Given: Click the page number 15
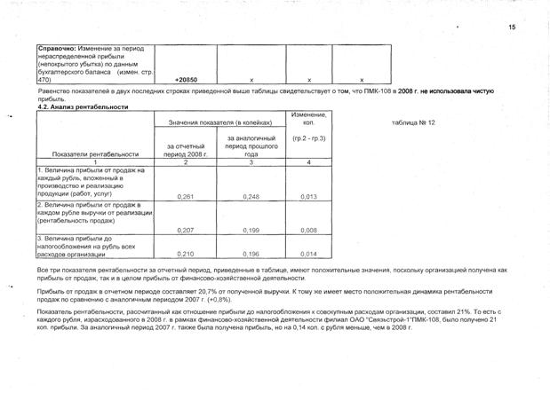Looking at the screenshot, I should [x=512, y=28].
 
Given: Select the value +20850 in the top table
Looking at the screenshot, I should [x=187, y=80].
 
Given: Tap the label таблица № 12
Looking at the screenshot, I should [x=413, y=122].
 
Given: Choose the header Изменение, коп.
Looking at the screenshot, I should [x=307, y=119].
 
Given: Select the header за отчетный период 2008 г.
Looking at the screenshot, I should [x=187, y=149].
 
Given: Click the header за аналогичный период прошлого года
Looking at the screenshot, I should [x=251, y=145].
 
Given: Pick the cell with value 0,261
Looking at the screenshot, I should [x=187, y=196].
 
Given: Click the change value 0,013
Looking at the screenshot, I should [x=307, y=196].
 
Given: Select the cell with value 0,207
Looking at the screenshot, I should [x=187, y=230].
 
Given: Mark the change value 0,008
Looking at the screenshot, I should [x=307, y=230].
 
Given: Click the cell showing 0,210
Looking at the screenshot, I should [x=187, y=252].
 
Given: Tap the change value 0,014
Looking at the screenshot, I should [x=307, y=252].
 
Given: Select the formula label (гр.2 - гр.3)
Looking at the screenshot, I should [x=307, y=139].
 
